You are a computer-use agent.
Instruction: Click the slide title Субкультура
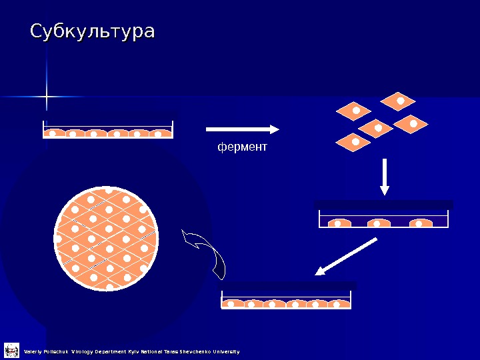coord(93,32)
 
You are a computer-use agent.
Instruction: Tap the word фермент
coord(242,147)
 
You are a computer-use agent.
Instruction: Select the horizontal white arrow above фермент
coord(242,129)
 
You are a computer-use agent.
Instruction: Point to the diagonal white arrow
coord(347,257)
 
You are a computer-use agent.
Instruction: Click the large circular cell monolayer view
coord(107,238)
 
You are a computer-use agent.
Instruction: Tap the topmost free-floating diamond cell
coord(398,101)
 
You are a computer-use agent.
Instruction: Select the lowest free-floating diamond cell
coord(354,142)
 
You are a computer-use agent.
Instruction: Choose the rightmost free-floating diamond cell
coord(413,124)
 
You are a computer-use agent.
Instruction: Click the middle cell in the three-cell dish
coord(378,223)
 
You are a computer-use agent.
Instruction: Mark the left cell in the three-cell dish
coord(338,223)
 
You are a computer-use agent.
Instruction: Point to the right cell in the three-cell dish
coord(421,223)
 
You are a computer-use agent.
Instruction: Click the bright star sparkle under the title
coord(47,98)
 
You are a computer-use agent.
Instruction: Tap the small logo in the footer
coord(11,351)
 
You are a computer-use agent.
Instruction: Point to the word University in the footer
coord(227,351)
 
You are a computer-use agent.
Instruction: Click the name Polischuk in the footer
coord(55,351)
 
